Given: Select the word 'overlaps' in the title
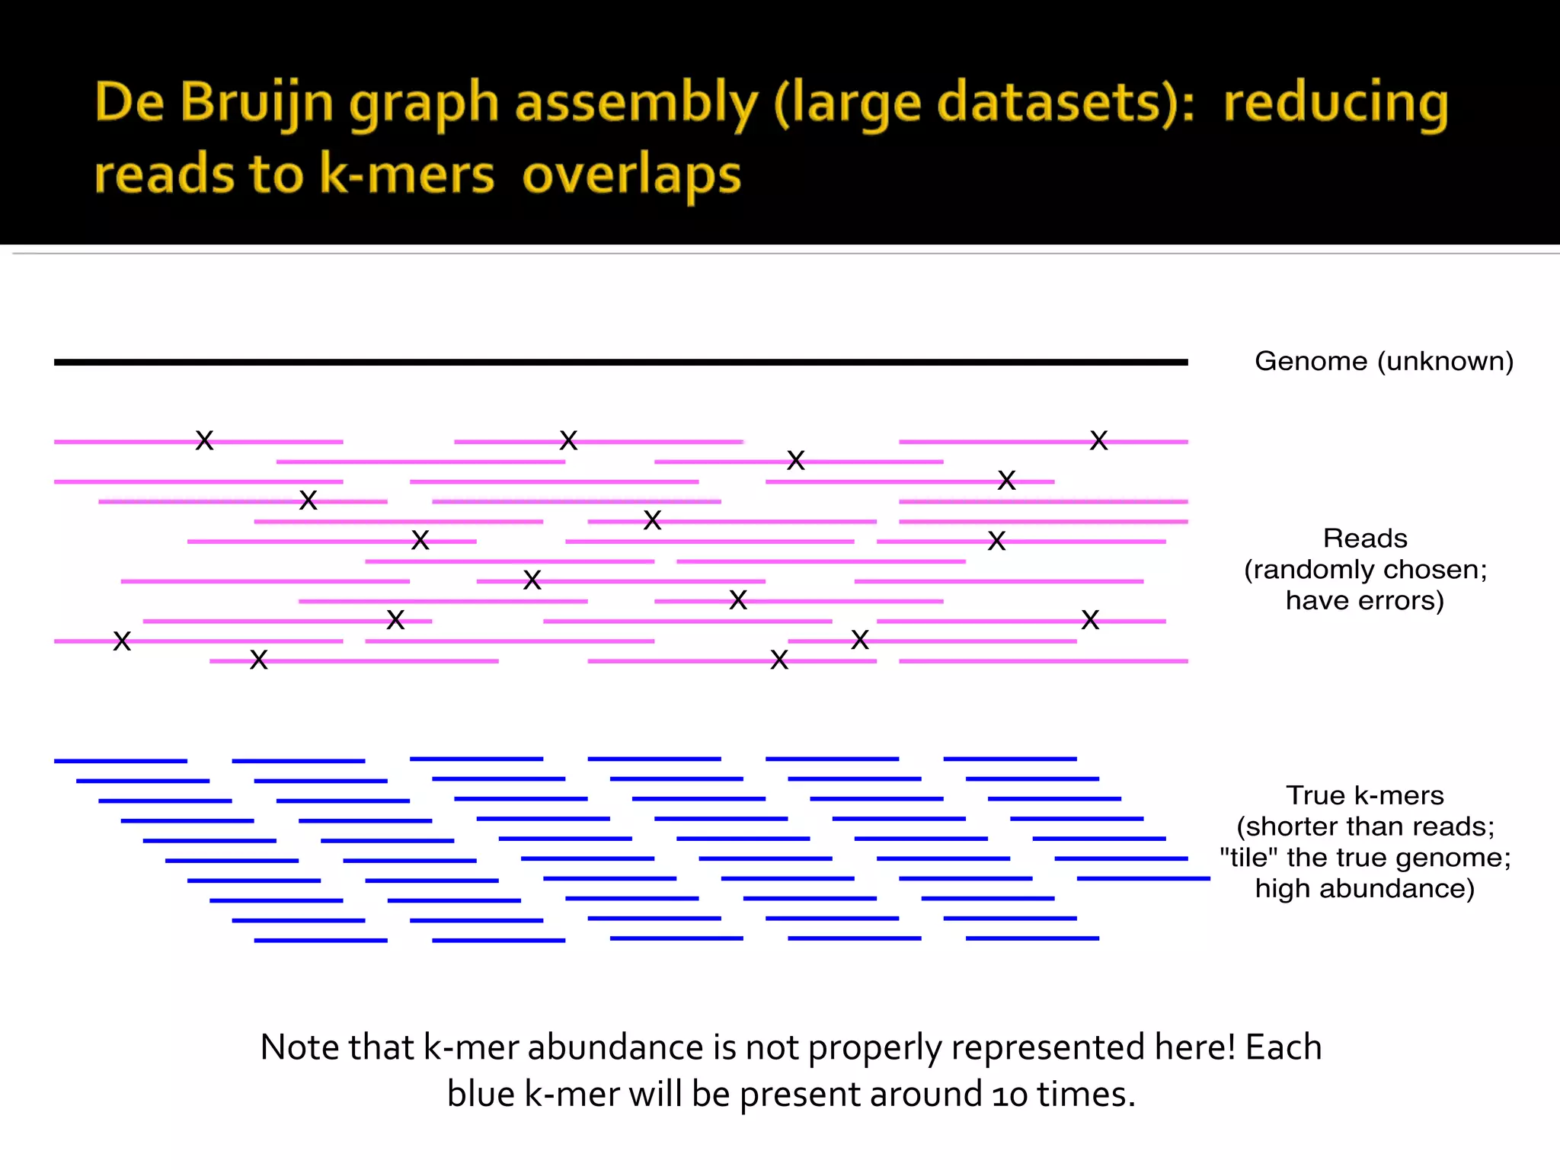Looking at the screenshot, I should click(631, 175).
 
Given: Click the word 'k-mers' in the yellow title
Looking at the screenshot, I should click(407, 175).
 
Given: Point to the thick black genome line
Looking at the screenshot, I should click(621, 363).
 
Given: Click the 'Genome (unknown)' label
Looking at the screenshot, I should click(1383, 361).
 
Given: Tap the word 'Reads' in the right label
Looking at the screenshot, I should click(1365, 539).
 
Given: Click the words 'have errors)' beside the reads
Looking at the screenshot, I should click(1365, 601).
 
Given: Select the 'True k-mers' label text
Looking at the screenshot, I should click(1365, 795).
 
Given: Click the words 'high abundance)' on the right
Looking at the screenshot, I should click(1365, 889).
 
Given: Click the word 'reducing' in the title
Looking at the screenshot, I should click(1335, 103).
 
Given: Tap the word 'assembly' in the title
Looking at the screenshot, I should click(636, 103).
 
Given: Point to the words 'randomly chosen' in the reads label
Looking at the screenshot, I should click(1365, 570).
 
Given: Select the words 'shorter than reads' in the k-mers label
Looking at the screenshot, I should click(1365, 826).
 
